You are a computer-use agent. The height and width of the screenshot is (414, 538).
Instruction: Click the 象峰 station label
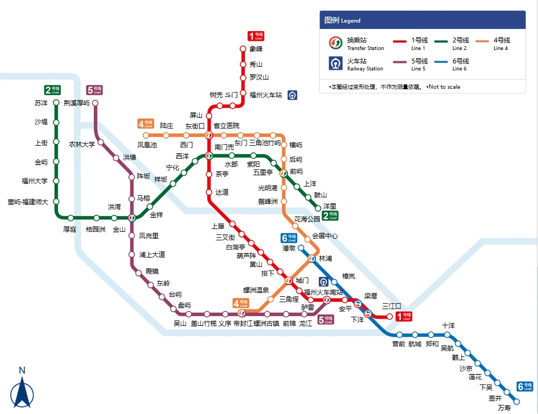pyautogui.click(x=256, y=49)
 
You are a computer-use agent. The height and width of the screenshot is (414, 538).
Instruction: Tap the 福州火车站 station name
pyautogui.click(x=265, y=95)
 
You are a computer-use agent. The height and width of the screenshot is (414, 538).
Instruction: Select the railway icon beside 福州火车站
pyautogui.click(x=292, y=95)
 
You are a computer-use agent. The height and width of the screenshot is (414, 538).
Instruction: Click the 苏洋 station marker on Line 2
pyautogui.click(x=56, y=103)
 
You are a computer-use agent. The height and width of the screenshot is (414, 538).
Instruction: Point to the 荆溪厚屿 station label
pyautogui.click(x=76, y=103)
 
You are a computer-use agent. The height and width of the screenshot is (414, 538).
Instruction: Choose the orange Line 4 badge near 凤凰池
pyautogui.click(x=145, y=124)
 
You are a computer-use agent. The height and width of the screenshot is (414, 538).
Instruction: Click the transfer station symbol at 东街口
pyautogui.click(x=209, y=135)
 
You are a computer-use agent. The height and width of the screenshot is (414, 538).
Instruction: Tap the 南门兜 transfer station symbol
pyautogui.click(x=209, y=156)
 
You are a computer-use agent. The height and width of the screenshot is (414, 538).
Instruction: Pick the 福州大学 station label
pyautogui.click(x=34, y=181)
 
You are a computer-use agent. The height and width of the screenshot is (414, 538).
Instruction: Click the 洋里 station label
pyautogui.click(x=329, y=206)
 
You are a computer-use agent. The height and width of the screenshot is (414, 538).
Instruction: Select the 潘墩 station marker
pyautogui.click(x=301, y=248)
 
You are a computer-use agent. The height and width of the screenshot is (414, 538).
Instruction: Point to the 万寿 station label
pyautogui.click(x=504, y=408)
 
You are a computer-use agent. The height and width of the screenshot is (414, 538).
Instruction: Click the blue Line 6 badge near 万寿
pyautogui.click(x=525, y=387)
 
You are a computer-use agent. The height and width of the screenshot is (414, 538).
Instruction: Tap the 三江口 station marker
pyautogui.click(x=390, y=316)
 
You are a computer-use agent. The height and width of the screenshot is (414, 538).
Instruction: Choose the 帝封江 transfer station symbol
pyautogui.click(x=241, y=313)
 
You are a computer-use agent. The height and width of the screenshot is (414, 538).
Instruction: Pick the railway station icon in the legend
pyautogui.click(x=336, y=63)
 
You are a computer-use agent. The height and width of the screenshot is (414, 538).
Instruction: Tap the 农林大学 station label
pyautogui.click(x=82, y=144)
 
